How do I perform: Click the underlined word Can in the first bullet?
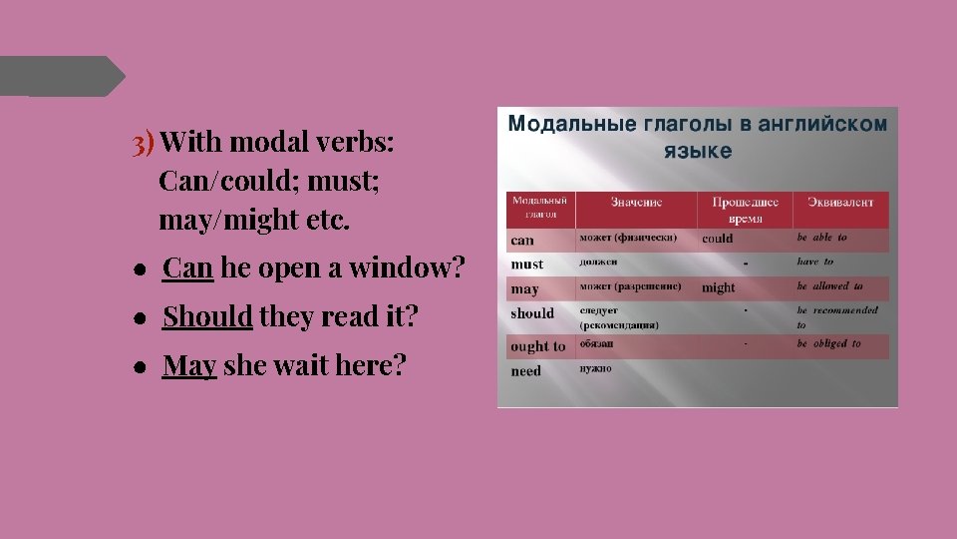(x=188, y=268)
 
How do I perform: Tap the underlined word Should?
(x=207, y=316)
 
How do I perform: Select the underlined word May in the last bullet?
(x=189, y=365)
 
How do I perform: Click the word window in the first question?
(x=410, y=268)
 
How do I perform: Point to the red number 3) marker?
(x=144, y=144)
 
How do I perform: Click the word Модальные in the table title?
(x=571, y=125)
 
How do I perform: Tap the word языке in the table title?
(x=698, y=152)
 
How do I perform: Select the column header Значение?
(x=637, y=202)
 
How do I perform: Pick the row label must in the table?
(x=526, y=265)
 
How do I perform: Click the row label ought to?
(x=537, y=346)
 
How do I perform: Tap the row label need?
(x=525, y=371)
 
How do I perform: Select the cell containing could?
(x=717, y=239)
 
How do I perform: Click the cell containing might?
(x=718, y=287)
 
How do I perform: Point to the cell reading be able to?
(x=822, y=238)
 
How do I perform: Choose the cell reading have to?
(x=815, y=262)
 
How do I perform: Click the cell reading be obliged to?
(x=829, y=343)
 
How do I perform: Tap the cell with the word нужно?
(x=597, y=368)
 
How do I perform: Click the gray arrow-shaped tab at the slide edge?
(x=60, y=77)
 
